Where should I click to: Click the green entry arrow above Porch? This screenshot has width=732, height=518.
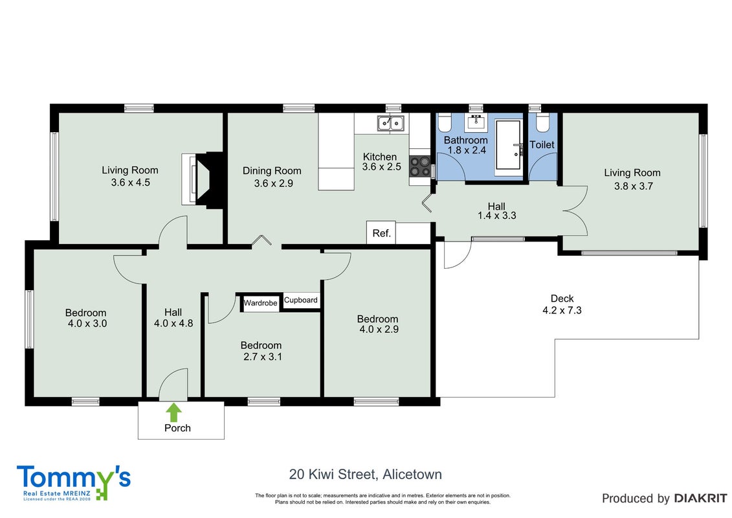tap(174, 412)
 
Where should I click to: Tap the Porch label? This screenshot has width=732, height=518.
tap(177, 428)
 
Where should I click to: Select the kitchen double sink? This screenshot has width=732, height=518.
tap(391, 123)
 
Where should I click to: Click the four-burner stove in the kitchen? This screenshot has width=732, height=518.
tap(419, 166)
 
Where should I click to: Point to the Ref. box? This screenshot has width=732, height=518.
tap(381, 232)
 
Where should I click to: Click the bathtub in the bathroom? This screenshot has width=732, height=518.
tap(508, 145)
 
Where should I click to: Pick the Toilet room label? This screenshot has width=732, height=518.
tap(542, 145)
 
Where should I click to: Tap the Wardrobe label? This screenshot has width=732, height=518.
tap(260, 303)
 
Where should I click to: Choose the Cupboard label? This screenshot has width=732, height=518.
tap(301, 300)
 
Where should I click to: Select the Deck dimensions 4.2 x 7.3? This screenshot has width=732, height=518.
tap(562, 310)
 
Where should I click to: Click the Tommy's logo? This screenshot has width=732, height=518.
tap(74, 482)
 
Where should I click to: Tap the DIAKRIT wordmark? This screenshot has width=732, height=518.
tap(700, 499)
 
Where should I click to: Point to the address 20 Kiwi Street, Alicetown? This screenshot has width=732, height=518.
tap(366, 475)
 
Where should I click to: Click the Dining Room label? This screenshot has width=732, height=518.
tap(272, 171)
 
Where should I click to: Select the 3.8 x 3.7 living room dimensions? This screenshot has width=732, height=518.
tap(633, 186)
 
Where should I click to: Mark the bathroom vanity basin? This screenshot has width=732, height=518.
tap(476, 122)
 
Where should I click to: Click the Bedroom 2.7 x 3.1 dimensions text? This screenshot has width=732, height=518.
tap(262, 357)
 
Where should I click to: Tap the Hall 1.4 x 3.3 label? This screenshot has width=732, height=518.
tap(496, 210)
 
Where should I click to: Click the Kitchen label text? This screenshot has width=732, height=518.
tap(380, 157)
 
